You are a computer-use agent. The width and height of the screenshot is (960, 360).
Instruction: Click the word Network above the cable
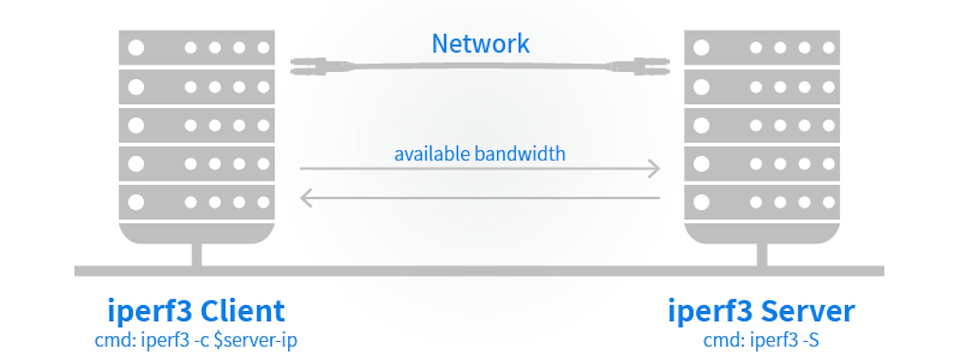(x=480, y=44)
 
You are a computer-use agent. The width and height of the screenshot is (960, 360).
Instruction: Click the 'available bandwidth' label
(x=480, y=154)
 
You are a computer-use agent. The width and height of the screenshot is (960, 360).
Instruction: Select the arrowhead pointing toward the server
(x=654, y=168)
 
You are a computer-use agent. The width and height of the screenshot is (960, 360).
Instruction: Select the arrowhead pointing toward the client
(x=306, y=198)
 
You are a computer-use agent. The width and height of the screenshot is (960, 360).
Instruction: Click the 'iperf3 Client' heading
(x=196, y=310)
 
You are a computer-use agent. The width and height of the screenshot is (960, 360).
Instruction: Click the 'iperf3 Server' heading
(x=761, y=310)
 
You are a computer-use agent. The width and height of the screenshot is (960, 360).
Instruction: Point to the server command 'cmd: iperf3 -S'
(x=761, y=340)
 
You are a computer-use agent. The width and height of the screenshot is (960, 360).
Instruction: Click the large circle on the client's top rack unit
(x=136, y=47)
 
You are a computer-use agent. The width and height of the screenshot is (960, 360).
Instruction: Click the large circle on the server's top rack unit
(x=701, y=47)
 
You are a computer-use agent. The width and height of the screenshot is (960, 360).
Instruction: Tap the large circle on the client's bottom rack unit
(x=136, y=202)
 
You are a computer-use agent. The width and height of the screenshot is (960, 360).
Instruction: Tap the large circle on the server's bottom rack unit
(x=701, y=202)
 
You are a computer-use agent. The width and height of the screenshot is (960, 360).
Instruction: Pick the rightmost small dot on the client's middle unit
(x=263, y=125)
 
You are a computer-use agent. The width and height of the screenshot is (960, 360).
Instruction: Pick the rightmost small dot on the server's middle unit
(x=829, y=125)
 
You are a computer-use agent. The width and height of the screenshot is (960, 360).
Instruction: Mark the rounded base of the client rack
(x=196, y=233)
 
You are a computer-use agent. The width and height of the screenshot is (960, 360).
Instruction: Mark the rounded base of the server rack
(x=762, y=233)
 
